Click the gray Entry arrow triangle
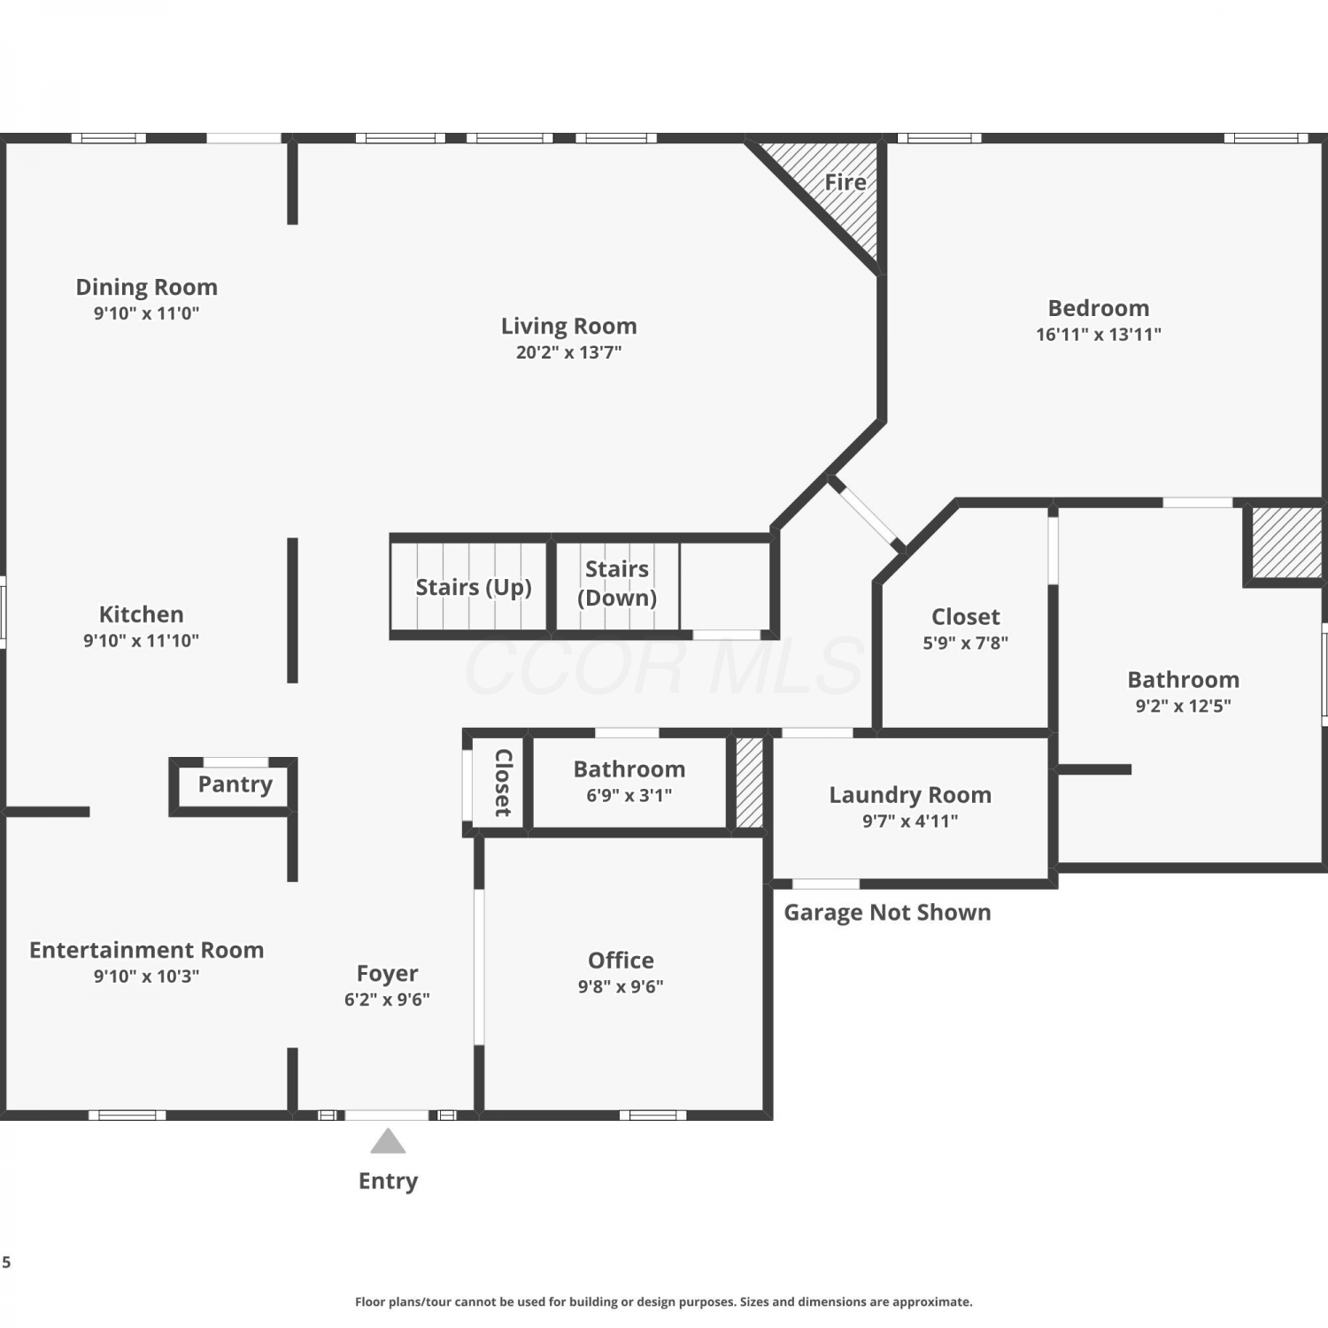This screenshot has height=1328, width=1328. tap(388, 1141)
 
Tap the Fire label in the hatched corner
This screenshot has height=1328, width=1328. tap(845, 182)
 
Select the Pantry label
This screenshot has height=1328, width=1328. tap(235, 784)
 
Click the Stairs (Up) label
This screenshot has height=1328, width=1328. tap(474, 587)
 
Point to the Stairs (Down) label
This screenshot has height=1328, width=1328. tap(617, 583)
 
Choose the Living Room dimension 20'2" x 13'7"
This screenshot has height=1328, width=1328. tap(569, 352)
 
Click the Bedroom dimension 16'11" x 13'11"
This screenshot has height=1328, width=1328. tap(1099, 335)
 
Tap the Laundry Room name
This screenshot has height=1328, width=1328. tap(910, 795)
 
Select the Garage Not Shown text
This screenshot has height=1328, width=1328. tap(887, 913)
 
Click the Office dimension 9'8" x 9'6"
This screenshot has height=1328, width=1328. tap(621, 987)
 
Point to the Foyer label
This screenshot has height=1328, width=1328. tap(387, 973)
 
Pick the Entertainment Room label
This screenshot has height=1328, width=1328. tap(147, 950)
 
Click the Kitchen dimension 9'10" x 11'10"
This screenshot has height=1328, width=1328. tap(141, 641)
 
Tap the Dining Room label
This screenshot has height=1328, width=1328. tap(146, 287)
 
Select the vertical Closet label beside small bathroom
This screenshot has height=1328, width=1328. tap(503, 783)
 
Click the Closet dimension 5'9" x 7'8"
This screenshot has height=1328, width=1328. tap(965, 644)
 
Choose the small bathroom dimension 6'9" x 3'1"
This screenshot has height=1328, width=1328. tap(629, 796)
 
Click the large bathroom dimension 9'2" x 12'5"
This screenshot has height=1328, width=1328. tap(1183, 706)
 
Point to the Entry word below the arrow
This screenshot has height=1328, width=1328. tap(388, 1181)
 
